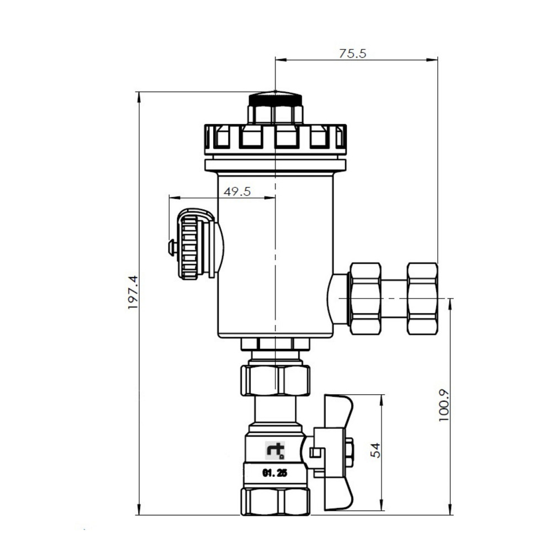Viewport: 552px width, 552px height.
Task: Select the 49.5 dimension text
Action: click(x=237, y=192)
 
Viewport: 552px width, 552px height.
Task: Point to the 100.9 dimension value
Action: click(x=445, y=406)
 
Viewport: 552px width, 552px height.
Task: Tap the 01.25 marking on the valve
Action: click(x=275, y=473)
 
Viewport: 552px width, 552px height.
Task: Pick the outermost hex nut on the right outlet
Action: click(x=422, y=299)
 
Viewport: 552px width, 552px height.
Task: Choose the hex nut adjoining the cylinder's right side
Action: click(x=365, y=299)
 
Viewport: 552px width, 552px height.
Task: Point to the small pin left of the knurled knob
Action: click(x=172, y=247)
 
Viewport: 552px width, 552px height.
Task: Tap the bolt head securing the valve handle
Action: click(x=348, y=452)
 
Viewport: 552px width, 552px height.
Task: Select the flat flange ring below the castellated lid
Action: click(x=275, y=165)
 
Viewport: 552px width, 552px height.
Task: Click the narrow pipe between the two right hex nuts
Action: click(x=394, y=299)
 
